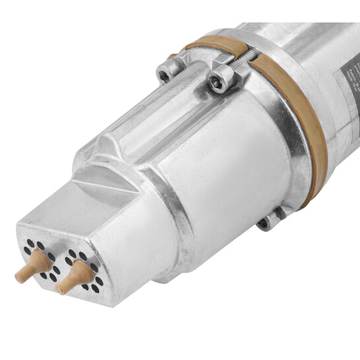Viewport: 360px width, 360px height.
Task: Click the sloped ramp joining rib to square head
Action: point(99,168)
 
